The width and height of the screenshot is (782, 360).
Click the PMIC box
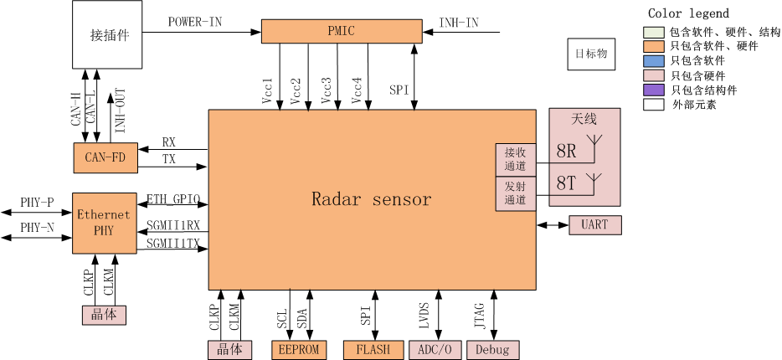(x=342, y=32)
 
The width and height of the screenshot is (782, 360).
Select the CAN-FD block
(x=105, y=158)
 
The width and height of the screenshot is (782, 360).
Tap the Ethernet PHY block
(x=105, y=224)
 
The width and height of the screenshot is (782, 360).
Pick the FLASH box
(x=373, y=349)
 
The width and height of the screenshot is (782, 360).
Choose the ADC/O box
(x=435, y=349)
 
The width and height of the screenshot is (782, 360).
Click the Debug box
(x=493, y=349)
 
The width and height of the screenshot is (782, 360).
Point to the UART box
(x=595, y=225)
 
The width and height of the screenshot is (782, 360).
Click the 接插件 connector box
(x=107, y=34)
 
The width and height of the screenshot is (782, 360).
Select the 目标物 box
(x=591, y=54)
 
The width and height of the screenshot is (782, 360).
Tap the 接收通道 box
(x=516, y=160)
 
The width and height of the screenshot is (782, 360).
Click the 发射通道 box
(x=516, y=193)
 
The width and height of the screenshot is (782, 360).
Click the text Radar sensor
(x=372, y=199)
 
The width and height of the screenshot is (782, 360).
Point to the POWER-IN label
(x=195, y=22)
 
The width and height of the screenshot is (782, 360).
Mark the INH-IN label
(x=459, y=23)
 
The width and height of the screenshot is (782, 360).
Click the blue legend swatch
(x=653, y=61)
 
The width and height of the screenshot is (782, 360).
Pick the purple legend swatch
(x=653, y=90)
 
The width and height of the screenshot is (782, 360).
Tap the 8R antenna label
(x=567, y=152)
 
